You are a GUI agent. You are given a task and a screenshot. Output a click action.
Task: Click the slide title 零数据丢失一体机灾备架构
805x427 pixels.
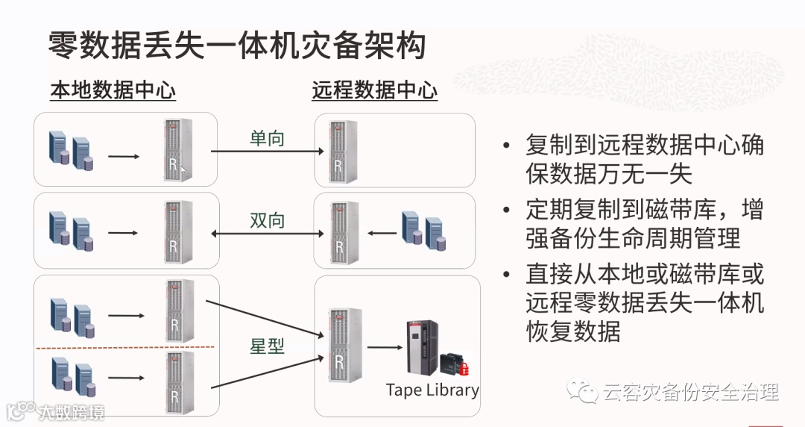pyautogui.click(x=237, y=46)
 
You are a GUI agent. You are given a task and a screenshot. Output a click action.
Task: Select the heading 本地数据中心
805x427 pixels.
pyautogui.click(x=113, y=91)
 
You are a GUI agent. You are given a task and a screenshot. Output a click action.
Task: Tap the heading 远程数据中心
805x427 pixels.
pyautogui.click(x=374, y=91)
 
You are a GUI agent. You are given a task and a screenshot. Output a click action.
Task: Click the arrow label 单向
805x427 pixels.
pyautogui.click(x=267, y=138)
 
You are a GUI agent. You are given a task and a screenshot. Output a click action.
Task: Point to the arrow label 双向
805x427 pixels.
pyautogui.click(x=267, y=220)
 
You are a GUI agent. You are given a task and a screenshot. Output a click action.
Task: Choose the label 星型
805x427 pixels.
pyautogui.click(x=267, y=346)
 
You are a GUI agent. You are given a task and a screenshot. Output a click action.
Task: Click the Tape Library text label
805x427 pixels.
pyautogui.click(x=432, y=390)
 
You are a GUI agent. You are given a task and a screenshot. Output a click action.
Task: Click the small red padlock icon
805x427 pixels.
pyautogui.click(x=464, y=369)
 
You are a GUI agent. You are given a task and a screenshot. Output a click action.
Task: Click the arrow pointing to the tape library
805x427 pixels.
pyautogui.click(x=384, y=346)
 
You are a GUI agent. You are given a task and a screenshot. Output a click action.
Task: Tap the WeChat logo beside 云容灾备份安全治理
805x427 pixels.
pyautogui.click(x=582, y=391)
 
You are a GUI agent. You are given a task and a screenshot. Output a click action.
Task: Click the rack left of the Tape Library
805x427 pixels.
pyautogui.click(x=340, y=346)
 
